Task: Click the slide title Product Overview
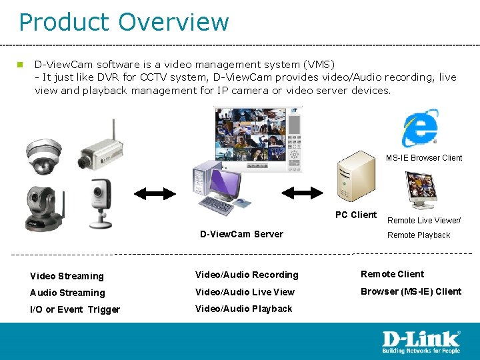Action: (123, 22)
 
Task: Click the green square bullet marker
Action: (21, 65)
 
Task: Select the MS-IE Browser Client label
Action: (424, 158)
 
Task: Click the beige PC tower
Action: (356, 177)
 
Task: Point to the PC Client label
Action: (355, 215)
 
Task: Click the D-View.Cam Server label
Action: (241, 234)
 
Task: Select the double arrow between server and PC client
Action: (302, 193)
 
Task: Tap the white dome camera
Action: (43, 155)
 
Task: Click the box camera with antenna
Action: (99, 151)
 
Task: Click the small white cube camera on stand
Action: (100, 200)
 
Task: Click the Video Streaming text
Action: (67, 276)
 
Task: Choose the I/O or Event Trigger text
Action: (75, 309)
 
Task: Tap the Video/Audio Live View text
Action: (245, 292)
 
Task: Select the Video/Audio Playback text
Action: (243, 309)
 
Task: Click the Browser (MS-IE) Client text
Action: (411, 291)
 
